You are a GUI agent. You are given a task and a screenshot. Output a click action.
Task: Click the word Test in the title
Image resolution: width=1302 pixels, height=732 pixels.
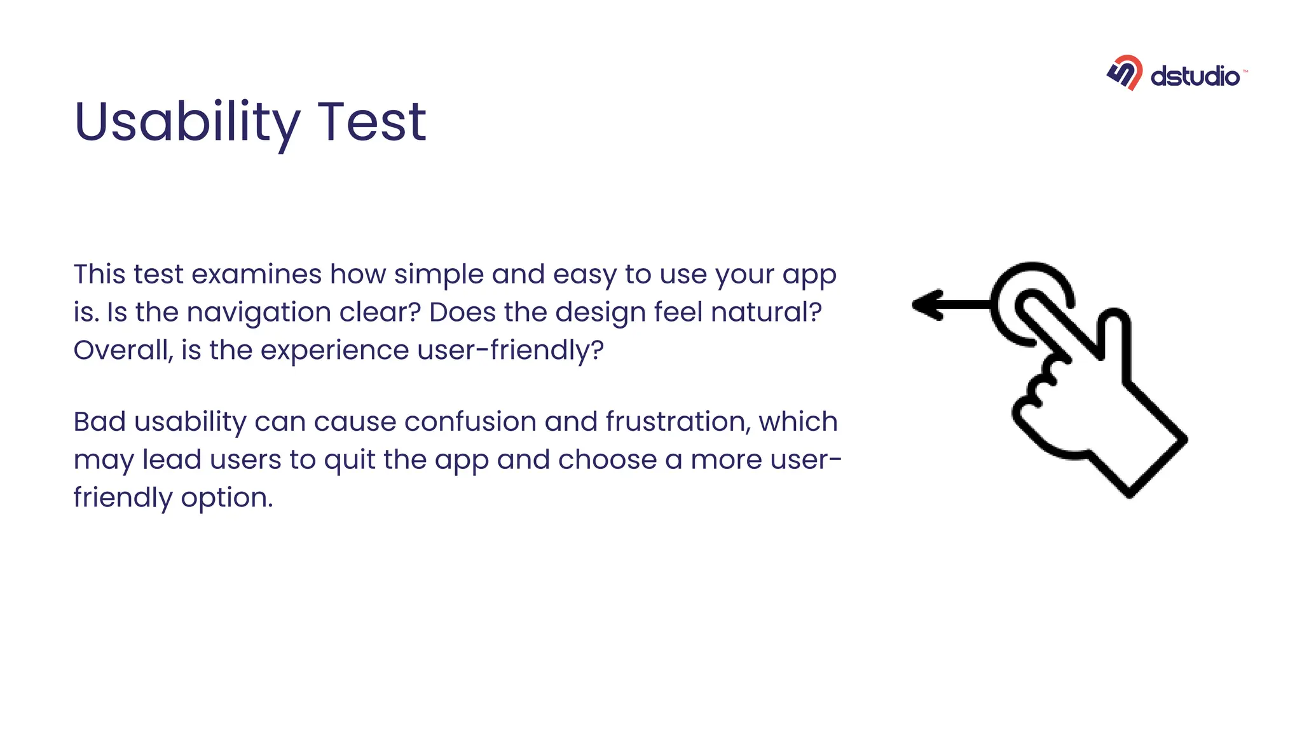371,122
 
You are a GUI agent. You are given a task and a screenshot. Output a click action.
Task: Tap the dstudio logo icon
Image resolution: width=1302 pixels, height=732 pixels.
1125,72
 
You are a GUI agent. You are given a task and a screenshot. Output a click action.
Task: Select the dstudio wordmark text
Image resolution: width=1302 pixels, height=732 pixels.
1195,77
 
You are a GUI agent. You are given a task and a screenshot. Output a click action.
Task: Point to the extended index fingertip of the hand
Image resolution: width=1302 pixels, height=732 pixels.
1030,304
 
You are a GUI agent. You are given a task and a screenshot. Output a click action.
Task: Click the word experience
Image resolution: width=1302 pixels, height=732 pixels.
334,351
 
